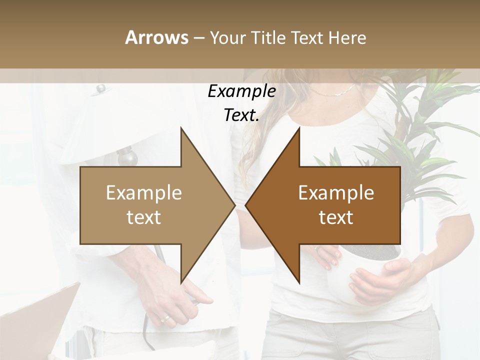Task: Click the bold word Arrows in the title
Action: [x=156, y=37]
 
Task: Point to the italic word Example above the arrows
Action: [x=241, y=92]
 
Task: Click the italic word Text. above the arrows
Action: [x=241, y=115]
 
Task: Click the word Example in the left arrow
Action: [x=144, y=193]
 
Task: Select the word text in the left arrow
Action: [x=144, y=217]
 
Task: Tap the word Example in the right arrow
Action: [x=336, y=193]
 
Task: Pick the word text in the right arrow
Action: [x=336, y=217]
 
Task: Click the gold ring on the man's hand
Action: [x=164, y=318]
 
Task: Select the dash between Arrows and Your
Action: [x=199, y=38]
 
